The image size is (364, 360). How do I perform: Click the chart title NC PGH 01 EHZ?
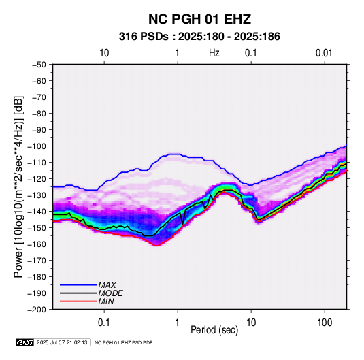pyautogui.click(x=199, y=19)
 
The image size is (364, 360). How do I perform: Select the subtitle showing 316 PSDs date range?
pyautogui.click(x=199, y=37)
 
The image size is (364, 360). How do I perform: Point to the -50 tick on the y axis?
pyautogui.click(x=39, y=65)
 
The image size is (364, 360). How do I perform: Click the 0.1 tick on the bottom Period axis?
pyautogui.click(x=104, y=323)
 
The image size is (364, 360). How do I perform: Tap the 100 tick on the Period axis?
pyautogui.click(x=325, y=323)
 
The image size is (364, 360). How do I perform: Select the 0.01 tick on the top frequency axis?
pyautogui.click(x=324, y=53)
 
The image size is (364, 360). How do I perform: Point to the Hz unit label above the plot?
pyautogui.click(x=214, y=53)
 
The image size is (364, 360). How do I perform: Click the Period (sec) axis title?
pyautogui.click(x=214, y=330)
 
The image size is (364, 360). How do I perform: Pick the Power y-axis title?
pyautogui.click(x=18, y=186)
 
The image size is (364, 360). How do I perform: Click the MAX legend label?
pyautogui.click(x=107, y=285)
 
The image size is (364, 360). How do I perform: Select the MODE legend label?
pyautogui.click(x=110, y=293)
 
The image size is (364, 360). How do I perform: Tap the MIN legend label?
pyautogui.click(x=106, y=301)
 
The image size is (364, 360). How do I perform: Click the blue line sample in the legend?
pyautogui.click(x=78, y=285)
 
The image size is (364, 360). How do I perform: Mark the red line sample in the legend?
pyautogui.click(x=78, y=301)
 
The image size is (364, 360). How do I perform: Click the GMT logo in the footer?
pyautogui.click(x=25, y=342)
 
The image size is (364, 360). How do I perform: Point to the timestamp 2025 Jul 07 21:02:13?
pyautogui.click(x=62, y=342)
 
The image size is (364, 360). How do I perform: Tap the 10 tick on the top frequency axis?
pyautogui.click(x=104, y=53)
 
